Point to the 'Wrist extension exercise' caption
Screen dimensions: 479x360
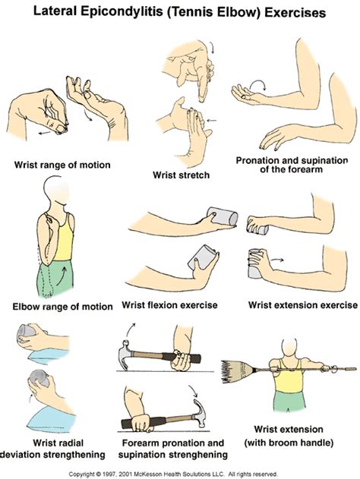(x=302, y=305)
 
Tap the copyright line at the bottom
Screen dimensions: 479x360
(x=180, y=472)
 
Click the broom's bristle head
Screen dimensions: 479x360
(x=235, y=371)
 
